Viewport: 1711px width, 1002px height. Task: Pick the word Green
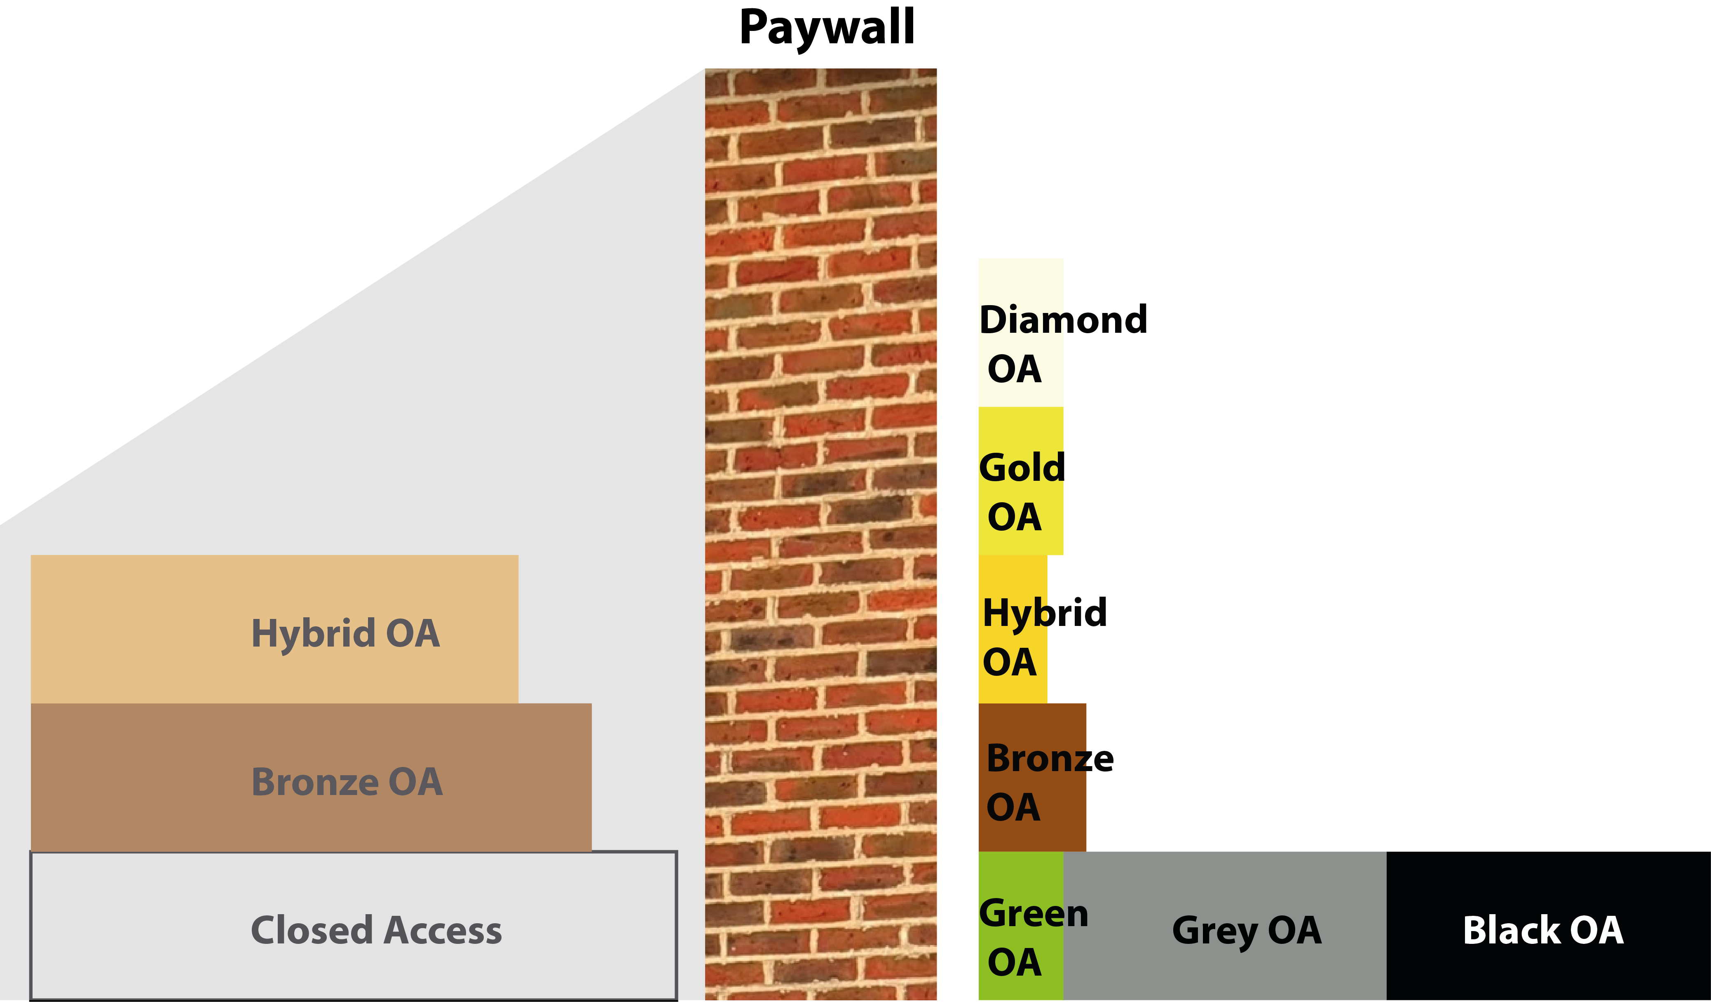(x=1034, y=914)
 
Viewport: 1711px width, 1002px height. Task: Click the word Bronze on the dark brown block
(x=1050, y=759)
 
